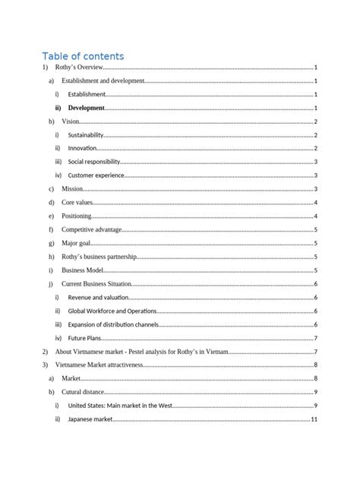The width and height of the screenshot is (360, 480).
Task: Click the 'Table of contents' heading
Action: tap(83, 55)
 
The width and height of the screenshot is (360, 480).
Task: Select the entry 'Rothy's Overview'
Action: tap(79, 68)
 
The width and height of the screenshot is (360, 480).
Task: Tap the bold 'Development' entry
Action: tap(86, 109)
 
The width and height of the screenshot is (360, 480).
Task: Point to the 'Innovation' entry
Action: tap(86, 148)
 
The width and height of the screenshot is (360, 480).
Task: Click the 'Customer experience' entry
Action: tap(96, 175)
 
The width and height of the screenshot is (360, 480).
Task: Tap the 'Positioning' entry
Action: tap(77, 216)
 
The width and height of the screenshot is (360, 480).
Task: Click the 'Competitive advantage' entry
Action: tap(88, 229)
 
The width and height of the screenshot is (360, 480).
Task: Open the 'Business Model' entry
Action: tap(83, 270)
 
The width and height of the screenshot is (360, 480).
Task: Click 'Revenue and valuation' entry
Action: tap(99, 297)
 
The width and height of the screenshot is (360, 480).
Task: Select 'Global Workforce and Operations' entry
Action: tap(112, 311)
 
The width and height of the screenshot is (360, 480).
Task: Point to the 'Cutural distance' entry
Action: tap(84, 392)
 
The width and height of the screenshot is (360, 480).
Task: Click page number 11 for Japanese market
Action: tap(314, 419)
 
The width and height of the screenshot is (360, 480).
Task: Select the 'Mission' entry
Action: tap(72, 188)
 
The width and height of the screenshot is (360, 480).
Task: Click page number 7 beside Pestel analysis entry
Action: tap(315, 352)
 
